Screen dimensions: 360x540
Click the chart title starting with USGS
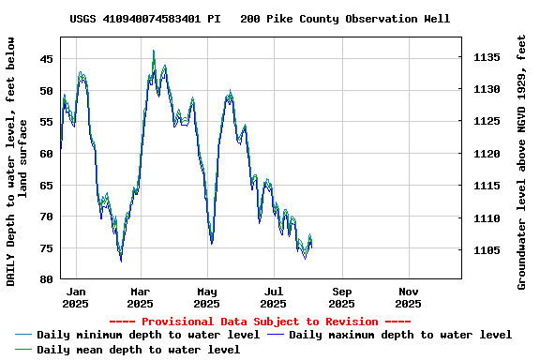coord(260,19)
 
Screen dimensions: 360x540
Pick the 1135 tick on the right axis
coord(487,58)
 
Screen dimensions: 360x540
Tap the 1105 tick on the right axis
coord(487,250)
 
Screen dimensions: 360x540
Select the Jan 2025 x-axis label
coord(76,297)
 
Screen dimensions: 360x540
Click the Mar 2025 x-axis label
coord(140,297)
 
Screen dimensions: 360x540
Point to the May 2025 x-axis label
coord(207,297)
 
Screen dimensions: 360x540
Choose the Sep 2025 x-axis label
coord(341,297)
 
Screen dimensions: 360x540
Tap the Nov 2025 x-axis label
coord(408,297)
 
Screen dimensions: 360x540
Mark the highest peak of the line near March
coord(154,52)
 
